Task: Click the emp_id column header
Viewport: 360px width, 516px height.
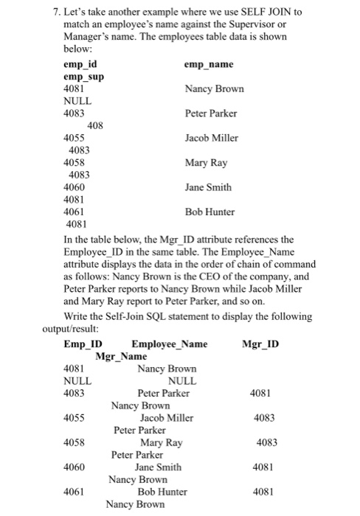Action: (80, 64)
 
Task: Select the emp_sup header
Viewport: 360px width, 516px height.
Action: (84, 77)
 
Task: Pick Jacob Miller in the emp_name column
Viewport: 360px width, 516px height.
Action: (212, 137)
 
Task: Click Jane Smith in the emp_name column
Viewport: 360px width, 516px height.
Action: (209, 187)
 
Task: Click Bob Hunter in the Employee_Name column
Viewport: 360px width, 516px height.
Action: (167, 492)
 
